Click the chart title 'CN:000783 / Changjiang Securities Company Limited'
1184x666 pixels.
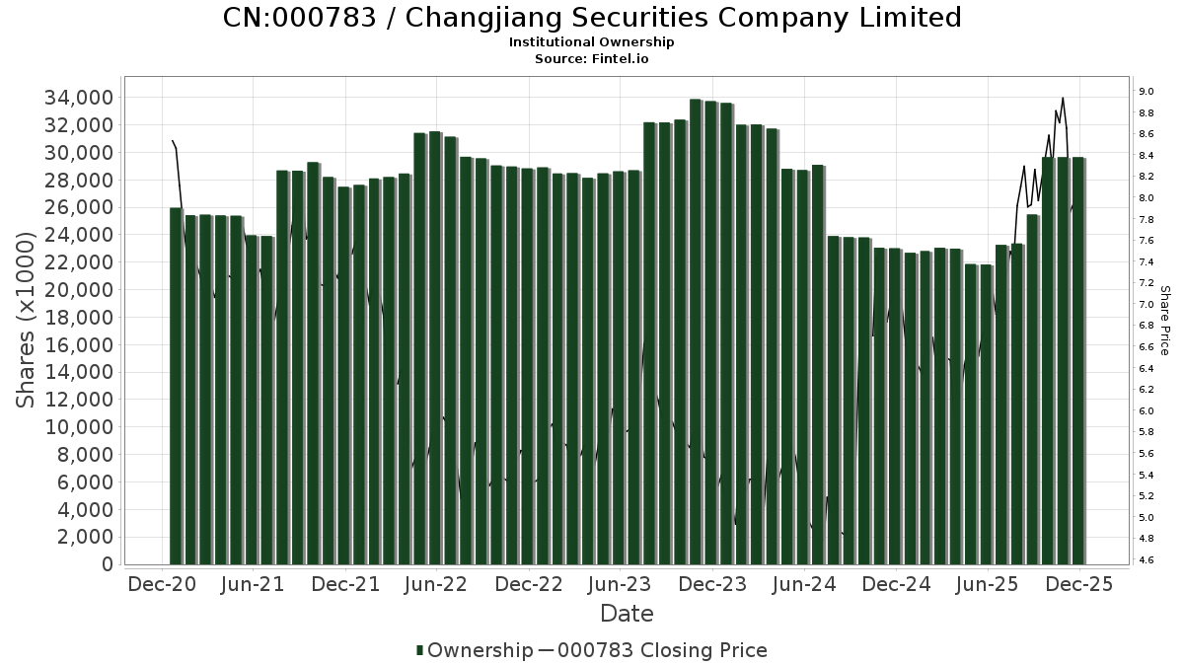[x=592, y=18]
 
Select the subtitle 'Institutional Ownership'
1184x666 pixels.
[x=592, y=42]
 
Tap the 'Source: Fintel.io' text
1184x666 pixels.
[x=592, y=58]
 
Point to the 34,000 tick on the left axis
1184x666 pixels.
[x=77, y=98]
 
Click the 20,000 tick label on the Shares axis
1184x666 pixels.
[x=77, y=290]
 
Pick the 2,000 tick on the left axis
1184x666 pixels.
[x=83, y=538]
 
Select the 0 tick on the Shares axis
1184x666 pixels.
[x=106, y=565]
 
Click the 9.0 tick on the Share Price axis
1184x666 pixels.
[x=1147, y=92]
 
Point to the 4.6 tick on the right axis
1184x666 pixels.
[x=1147, y=560]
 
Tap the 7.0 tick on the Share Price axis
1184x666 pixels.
[x=1147, y=304]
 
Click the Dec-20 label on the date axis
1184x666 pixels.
[x=161, y=585]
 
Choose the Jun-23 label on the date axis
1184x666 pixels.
[x=620, y=585]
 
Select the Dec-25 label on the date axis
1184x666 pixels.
[x=1078, y=585]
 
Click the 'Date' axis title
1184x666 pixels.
[x=627, y=614]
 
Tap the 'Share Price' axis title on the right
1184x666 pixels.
[x=1164, y=321]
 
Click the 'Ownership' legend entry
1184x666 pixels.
[x=473, y=650]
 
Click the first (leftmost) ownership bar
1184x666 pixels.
[x=176, y=385]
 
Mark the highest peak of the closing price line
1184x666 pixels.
[x=1062, y=98]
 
